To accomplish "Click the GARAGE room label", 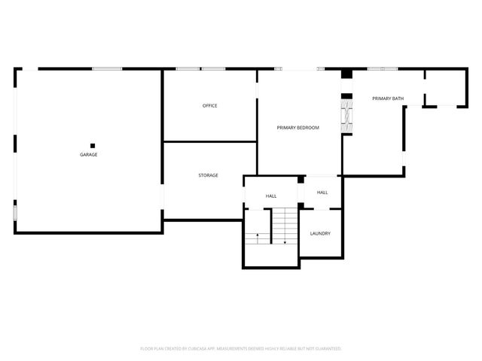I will (x=89, y=154).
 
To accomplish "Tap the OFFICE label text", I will (x=209, y=105).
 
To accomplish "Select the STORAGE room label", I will (x=209, y=175).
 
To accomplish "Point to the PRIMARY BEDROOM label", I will (x=297, y=128).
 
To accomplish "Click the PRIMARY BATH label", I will (x=388, y=99).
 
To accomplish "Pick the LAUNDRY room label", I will (x=320, y=233).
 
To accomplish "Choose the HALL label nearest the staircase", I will (x=271, y=196).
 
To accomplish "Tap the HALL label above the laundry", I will (x=322, y=193).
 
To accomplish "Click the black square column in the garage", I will (x=93, y=145).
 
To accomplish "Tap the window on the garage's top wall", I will (x=107, y=69).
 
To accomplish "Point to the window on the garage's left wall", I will (x=15, y=211).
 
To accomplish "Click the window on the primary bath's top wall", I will (x=382, y=69).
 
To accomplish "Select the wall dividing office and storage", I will (x=210, y=141).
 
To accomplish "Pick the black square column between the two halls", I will (x=300, y=180).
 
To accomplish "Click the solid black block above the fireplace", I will (x=346, y=74).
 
